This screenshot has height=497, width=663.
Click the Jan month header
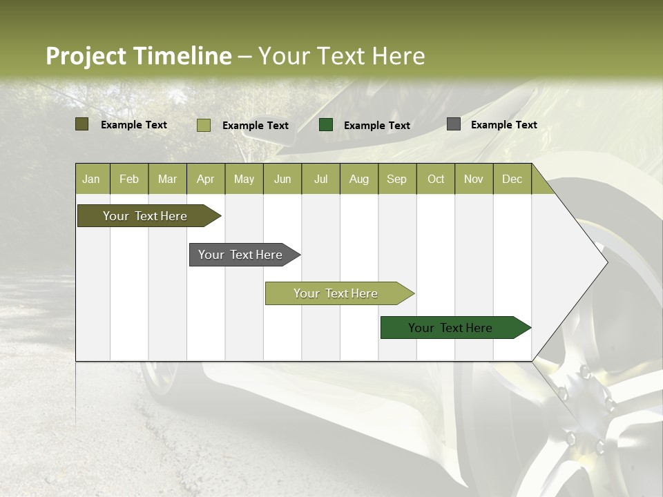pyautogui.click(x=91, y=179)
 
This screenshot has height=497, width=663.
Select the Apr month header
pyautogui.click(x=205, y=179)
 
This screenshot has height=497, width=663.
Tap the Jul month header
pyautogui.click(x=320, y=179)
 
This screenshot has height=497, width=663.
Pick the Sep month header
pyautogui.click(x=396, y=179)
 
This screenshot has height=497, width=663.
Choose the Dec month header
pyautogui.click(x=512, y=179)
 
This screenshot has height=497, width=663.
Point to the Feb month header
pyautogui.click(x=129, y=179)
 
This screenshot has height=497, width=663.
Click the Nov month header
pyautogui.click(x=473, y=179)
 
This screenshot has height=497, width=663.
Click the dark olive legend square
pyautogui.click(x=82, y=124)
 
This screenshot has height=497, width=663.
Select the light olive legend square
pyautogui.click(x=204, y=125)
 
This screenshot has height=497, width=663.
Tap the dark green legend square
pyautogui.click(x=326, y=125)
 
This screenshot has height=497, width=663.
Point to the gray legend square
pyautogui.click(x=454, y=124)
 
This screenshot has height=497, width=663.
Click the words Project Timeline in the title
pyautogui.click(x=138, y=56)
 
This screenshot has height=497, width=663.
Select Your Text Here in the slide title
pyautogui.click(x=341, y=56)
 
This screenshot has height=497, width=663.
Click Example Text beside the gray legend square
pyautogui.click(x=503, y=124)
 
